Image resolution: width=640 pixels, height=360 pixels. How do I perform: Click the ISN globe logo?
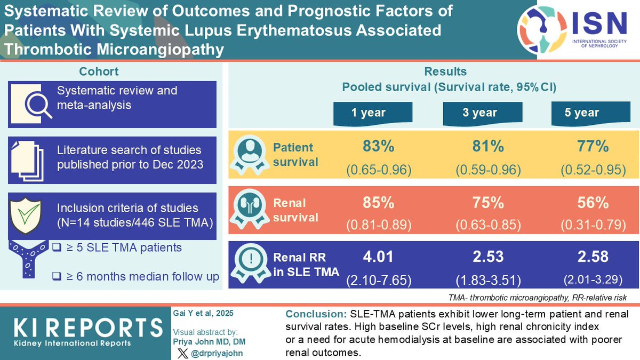coord(542,29)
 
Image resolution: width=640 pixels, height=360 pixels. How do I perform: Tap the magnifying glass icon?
coord(38,106)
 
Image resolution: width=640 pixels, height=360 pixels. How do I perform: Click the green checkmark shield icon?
coord(26,215)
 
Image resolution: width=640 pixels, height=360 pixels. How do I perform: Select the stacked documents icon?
coord(27,161)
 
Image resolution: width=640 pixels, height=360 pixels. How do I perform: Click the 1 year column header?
coord(373,114)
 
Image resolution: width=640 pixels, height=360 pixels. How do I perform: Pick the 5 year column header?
coord(590,114)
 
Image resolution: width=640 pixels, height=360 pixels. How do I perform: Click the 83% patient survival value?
coord(379,146)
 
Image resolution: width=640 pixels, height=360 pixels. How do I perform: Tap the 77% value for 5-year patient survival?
coord(593,146)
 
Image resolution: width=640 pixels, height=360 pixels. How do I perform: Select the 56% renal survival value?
coord(593,203)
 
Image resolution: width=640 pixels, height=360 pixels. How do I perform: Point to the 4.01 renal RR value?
coord(378,257)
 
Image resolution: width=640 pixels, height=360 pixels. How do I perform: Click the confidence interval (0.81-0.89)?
coord(379,225)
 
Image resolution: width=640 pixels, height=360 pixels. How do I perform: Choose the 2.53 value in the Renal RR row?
coord(488,257)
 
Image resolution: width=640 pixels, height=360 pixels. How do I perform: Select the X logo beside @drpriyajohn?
coord(182,353)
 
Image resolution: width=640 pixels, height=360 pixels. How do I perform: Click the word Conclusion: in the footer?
coord(316,314)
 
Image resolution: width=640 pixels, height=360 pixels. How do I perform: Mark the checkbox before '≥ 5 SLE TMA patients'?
coord(57,247)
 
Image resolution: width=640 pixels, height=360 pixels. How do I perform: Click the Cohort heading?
coord(99,71)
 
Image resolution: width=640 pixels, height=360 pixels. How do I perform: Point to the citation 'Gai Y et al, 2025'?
coord(203,314)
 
